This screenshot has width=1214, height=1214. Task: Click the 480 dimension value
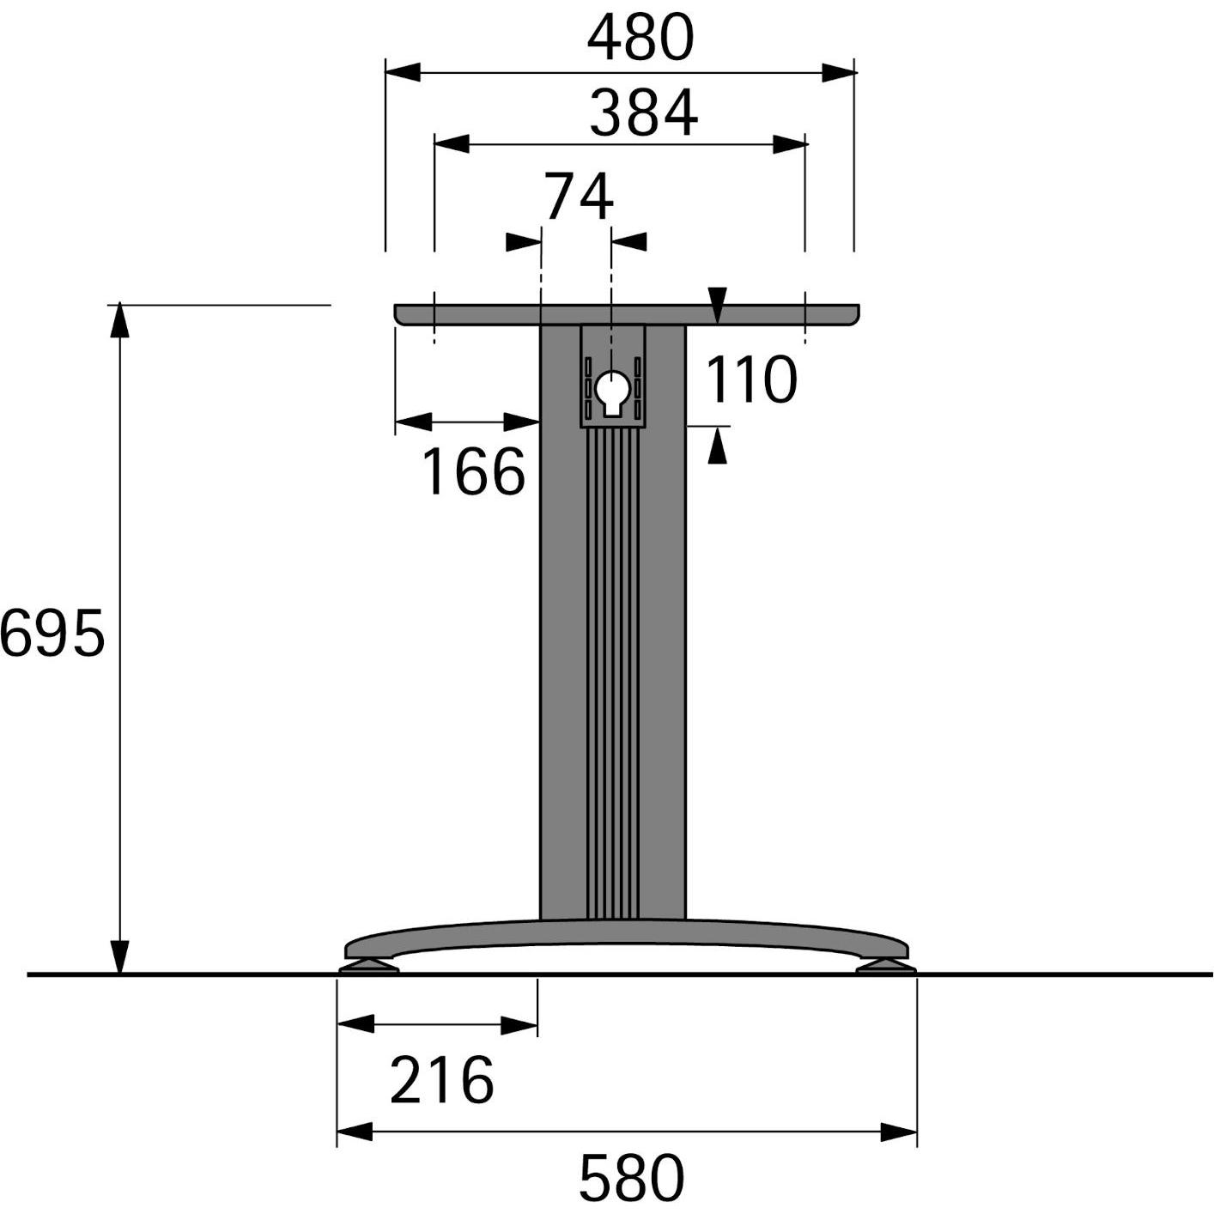[640, 39]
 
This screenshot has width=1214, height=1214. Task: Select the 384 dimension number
[643, 114]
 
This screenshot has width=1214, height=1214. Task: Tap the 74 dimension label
[579, 197]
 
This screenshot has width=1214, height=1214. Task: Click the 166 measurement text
[473, 472]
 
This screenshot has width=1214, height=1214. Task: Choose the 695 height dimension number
[52, 634]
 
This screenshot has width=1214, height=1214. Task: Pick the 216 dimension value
[441, 1080]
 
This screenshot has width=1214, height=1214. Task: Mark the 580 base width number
[631, 1179]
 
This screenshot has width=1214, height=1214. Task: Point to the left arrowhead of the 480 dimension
[403, 73]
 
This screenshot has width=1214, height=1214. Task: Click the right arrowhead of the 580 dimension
[899, 1132]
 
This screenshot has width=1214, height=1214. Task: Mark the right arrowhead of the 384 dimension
[789, 144]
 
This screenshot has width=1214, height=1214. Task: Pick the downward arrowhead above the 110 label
[718, 306]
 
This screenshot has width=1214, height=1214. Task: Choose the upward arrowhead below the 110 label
[717, 446]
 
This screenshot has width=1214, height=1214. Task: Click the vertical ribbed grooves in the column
[612, 670]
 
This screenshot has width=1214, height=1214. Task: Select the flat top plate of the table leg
[627, 314]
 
